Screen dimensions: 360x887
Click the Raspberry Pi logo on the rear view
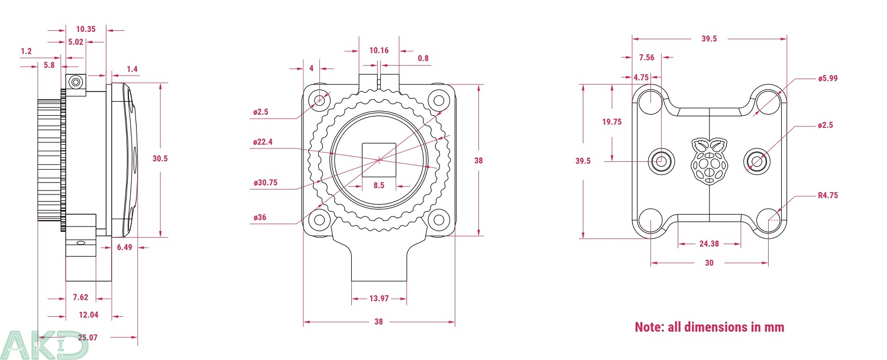[709, 161]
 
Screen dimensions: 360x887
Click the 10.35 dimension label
[86, 29]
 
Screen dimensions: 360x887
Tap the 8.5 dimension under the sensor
[378, 185]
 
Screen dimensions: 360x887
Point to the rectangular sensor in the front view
[379, 159]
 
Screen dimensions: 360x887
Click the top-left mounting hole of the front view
[320, 99]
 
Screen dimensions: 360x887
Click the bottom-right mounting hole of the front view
[438, 220]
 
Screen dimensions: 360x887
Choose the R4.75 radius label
[828, 195]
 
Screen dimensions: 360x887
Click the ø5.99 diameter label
[828, 78]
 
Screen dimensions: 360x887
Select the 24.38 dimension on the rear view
[709, 244]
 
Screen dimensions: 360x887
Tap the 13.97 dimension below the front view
[378, 299]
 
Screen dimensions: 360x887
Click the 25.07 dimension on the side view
[87, 337]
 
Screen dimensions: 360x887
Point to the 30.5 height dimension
[159, 158]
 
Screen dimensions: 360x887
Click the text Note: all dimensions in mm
[709, 327]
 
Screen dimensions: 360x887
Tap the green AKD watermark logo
[44, 344]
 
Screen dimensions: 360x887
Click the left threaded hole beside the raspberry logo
[661, 160]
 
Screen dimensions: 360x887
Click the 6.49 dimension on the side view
[124, 247]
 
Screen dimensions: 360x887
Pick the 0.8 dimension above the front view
[423, 58]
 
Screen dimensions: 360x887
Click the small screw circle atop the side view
[75, 82]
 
